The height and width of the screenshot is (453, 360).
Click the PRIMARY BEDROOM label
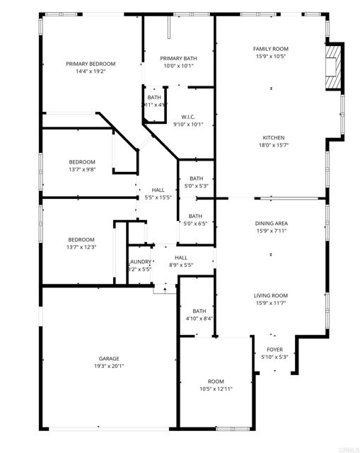91,64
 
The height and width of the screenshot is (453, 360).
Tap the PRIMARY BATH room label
178,58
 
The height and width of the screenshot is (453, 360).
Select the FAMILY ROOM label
271,49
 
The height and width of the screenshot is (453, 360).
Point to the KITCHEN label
274,137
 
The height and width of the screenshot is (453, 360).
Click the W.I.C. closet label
188,117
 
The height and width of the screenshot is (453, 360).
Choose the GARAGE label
109,359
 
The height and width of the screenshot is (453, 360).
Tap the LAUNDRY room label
139,262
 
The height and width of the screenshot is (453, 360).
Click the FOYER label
274,350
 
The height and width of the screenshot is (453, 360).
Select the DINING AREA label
272,224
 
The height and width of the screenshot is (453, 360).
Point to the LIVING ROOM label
271,296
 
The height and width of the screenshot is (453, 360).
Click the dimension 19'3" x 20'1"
109,366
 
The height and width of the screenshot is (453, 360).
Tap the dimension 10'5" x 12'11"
215,389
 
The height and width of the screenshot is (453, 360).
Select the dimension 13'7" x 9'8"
82,169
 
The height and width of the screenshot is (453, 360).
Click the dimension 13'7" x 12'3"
82,247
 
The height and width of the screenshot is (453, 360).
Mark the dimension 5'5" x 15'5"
158,197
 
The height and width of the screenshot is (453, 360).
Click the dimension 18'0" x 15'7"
274,145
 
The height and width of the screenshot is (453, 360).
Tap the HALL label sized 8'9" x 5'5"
181,258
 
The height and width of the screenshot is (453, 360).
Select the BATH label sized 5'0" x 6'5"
195,216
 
